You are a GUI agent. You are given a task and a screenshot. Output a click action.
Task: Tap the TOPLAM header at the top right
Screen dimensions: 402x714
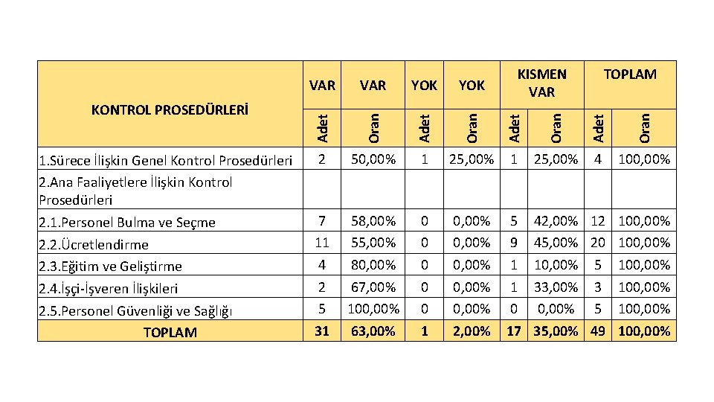tap(630, 74)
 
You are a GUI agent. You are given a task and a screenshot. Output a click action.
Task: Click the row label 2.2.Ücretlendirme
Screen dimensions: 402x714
tap(94, 244)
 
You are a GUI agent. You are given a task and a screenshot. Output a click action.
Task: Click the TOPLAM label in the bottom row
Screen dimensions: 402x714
tap(170, 332)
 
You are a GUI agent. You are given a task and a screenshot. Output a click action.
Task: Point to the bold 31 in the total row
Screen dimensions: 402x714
tap(321, 331)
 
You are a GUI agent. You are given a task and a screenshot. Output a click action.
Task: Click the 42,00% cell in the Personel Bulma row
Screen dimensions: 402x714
tap(556, 221)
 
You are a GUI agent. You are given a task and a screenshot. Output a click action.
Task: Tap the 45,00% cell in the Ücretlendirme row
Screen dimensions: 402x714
tap(556, 243)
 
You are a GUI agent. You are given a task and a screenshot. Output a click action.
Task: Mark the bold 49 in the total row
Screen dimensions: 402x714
tap(596, 331)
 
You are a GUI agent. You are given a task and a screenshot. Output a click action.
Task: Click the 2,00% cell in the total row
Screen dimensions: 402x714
tap(472, 331)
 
